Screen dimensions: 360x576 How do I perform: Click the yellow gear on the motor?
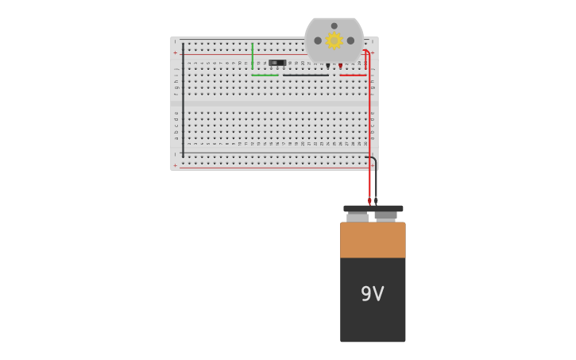click(x=334, y=41)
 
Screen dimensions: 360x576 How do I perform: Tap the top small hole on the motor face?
click(x=334, y=26)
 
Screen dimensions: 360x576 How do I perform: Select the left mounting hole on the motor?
click(x=318, y=41)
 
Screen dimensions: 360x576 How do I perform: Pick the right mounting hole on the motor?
click(x=350, y=41)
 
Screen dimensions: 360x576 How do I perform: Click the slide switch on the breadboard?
click(x=276, y=62)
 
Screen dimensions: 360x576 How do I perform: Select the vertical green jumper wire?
click(x=253, y=56)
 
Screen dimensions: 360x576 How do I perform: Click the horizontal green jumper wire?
click(x=265, y=75)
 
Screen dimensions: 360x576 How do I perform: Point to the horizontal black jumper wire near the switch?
click(x=305, y=75)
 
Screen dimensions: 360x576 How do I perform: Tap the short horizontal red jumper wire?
click(x=354, y=75)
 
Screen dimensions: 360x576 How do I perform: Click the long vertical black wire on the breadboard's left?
click(x=183, y=99)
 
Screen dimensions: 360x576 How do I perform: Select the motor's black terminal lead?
click(x=327, y=66)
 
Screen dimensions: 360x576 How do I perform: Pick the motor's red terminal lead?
click(x=340, y=66)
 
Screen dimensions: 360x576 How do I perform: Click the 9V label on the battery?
click(x=372, y=294)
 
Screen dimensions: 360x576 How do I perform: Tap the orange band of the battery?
click(x=373, y=240)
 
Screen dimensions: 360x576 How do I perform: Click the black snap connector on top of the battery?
click(x=373, y=208)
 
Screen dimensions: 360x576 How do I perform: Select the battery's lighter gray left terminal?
click(x=358, y=217)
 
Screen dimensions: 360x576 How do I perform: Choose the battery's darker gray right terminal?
click(x=386, y=215)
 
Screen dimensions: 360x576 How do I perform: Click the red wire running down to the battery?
click(x=369, y=127)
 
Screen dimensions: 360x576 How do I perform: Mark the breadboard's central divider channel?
click(x=274, y=103)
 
